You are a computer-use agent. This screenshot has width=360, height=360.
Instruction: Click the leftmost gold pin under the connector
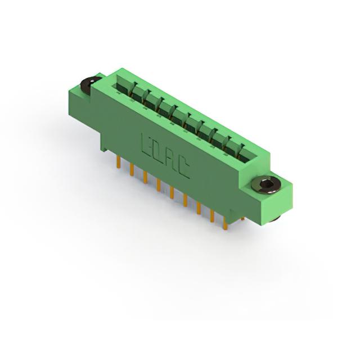[x=119, y=163]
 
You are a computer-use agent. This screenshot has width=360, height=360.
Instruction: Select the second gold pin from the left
[x=132, y=170]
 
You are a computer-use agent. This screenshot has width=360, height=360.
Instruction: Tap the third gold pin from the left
[x=145, y=177]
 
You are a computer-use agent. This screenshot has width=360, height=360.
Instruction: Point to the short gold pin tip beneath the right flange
[x=243, y=219]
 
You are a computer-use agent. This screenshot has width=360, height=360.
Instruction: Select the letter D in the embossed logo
[x=156, y=151]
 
